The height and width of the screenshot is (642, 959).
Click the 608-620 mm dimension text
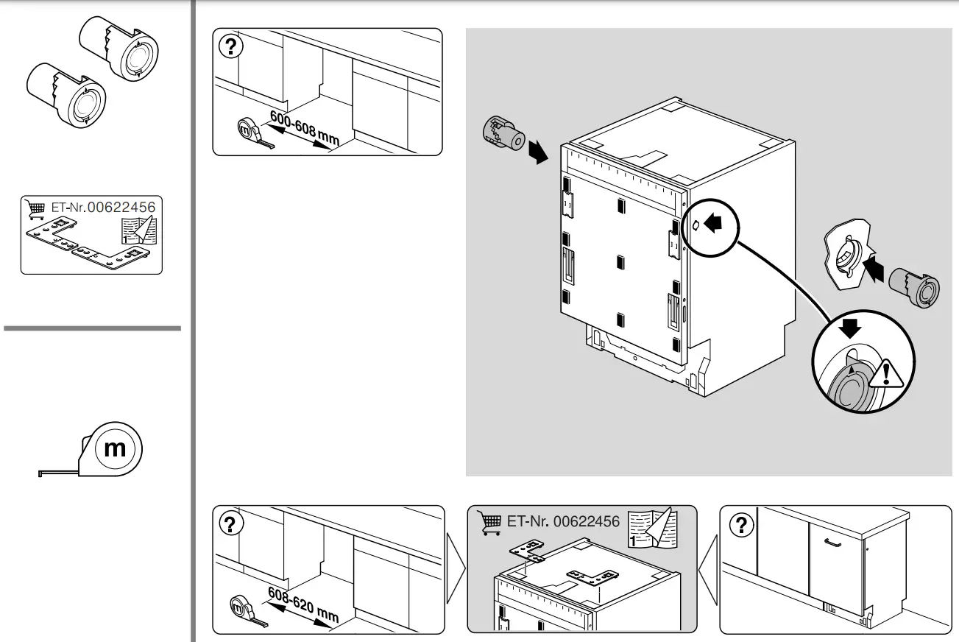[x=302, y=604]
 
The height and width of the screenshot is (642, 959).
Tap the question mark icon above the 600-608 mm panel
[x=231, y=47]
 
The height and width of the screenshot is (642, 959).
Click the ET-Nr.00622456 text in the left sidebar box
[x=103, y=208]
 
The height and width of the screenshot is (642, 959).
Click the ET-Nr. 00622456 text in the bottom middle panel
[x=563, y=521]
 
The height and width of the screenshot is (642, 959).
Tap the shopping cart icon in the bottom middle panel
[x=490, y=523]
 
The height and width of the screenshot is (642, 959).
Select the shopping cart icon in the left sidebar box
[x=35, y=208]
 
